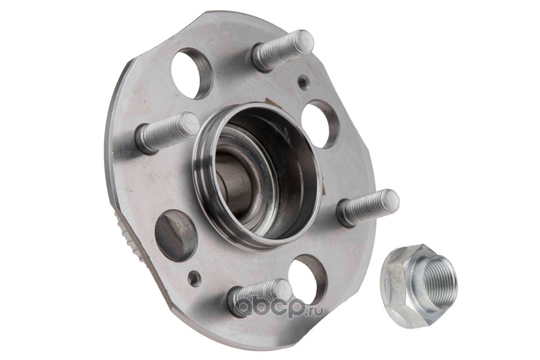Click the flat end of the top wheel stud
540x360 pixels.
(x=304, y=41)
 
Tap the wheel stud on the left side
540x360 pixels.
(x=168, y=132)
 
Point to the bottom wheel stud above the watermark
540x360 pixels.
(x=260, y=296)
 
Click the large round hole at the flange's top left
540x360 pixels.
(x=191, y=73)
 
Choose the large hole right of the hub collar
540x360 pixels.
(x=320, y=124)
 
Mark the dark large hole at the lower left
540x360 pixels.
(x=176, y=236)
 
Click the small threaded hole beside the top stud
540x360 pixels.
(x=303, y=83)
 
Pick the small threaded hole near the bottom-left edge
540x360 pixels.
(x=195, y=278)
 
